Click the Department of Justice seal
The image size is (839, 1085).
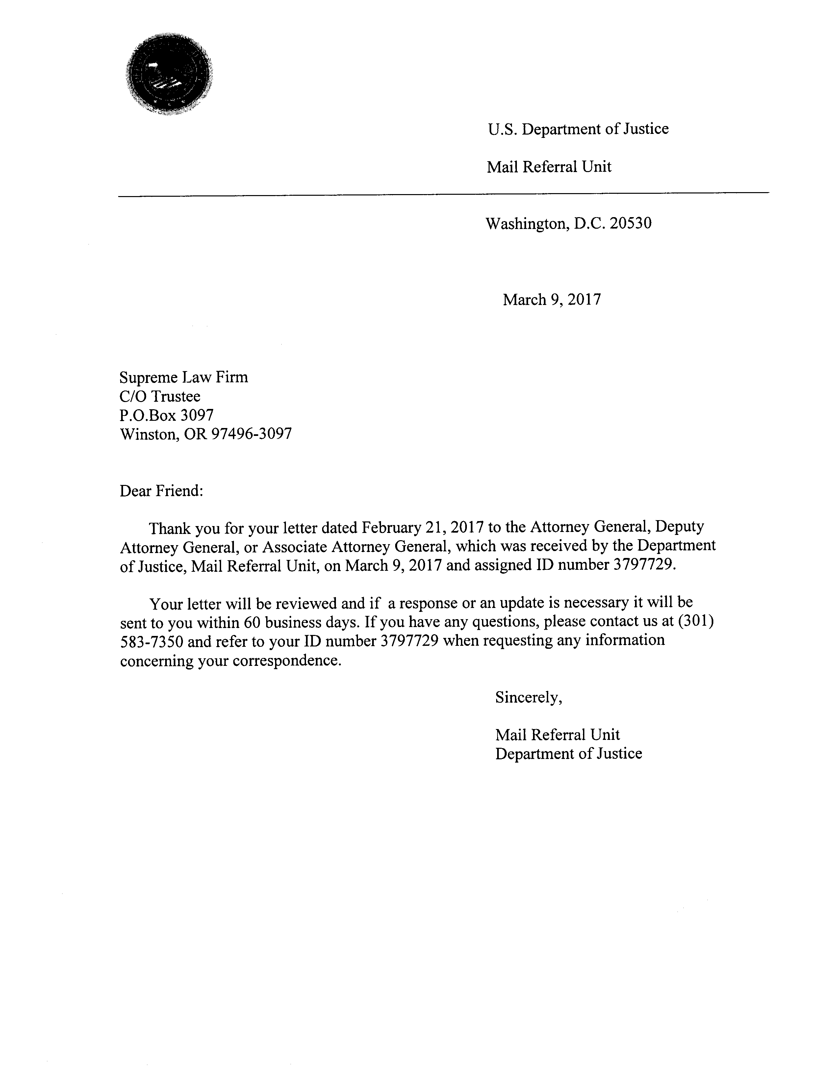click(x=169, y=75)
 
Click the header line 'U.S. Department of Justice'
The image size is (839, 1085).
click(x=578, y=129)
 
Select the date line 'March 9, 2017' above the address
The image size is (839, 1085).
click(x=551, y=300)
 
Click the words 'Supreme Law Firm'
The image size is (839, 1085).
click(x=183, y=378)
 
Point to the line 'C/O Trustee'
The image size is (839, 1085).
click(x=160, y=396)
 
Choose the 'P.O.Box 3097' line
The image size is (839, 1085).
click(x=166, y=415)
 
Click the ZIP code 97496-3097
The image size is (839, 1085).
click(x=251, y=434)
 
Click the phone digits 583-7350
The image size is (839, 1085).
click(x=152, y=642)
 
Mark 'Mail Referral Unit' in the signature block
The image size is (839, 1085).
click(x=557, y=735)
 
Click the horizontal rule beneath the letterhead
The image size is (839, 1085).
click(x=443, y=194)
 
